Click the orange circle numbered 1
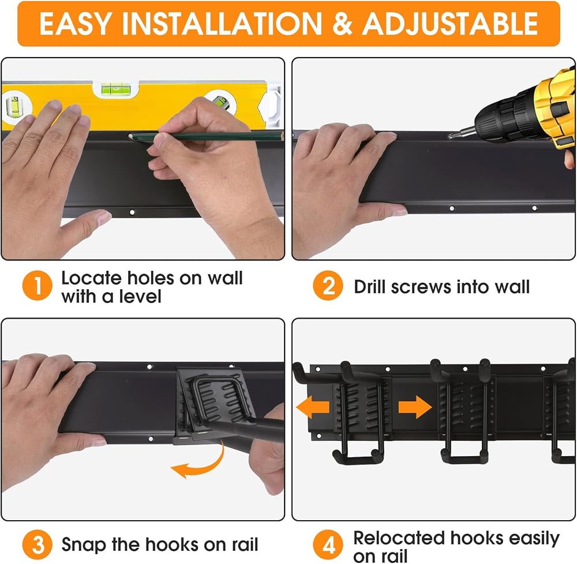click(37, 286)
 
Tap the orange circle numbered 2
click(328, 286)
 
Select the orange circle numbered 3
click(37, 544)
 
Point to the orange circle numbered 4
click(328, 544)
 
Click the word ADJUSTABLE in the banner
click(450, 24)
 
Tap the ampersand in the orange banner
click(342, 24)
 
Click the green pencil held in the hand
click(206, 137)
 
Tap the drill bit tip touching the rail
click(449, 136)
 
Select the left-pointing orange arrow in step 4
click(313, 407)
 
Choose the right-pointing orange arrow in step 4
click(415, 407)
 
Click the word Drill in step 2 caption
click(370, 287)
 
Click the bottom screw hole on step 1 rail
click(132, 212)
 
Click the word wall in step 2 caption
click(512, 287)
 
